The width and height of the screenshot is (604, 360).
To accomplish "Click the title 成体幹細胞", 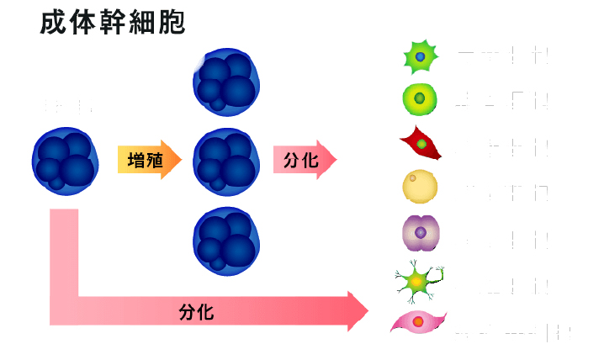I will point(113,22).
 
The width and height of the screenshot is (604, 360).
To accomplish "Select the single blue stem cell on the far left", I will point(65,160).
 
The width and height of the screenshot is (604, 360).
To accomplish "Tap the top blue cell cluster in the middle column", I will point(226,82).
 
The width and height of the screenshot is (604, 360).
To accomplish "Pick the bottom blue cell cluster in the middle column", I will point(226,240).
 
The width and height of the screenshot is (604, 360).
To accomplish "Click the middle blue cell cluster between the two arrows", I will point(226,160).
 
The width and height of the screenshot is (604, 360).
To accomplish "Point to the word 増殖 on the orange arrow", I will point(145,160).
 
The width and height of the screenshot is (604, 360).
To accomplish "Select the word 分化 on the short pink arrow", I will point(300,160).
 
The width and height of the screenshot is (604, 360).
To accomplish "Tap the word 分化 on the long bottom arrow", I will point(196,312).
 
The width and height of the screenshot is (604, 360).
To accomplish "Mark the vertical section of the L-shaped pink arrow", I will point(64,252).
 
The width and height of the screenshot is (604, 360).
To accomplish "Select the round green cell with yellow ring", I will point(420,98).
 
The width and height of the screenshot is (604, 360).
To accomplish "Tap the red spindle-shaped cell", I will point(421,144).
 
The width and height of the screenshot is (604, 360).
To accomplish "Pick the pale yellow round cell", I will point(420,188).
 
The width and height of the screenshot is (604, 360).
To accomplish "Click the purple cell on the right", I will point(420,232).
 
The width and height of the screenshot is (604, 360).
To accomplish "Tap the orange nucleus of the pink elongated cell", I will point(418,322).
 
